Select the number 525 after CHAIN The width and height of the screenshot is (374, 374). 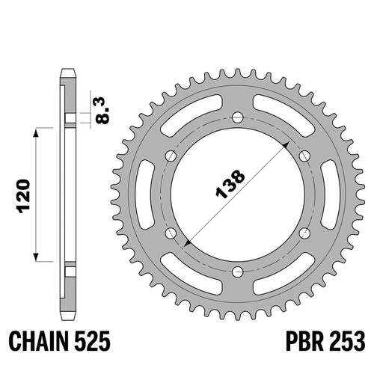(x=92, y=341)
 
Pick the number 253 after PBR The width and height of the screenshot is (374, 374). (x=347, y=341)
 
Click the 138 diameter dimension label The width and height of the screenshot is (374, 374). (x=230, y=184)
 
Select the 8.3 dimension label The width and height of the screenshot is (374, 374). (x=102, y=111)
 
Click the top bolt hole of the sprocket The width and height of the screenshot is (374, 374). (x=238, y=117)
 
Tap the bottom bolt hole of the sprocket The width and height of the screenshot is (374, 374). (x=238, y=272)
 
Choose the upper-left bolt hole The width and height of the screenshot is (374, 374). (x=171, y=156)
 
